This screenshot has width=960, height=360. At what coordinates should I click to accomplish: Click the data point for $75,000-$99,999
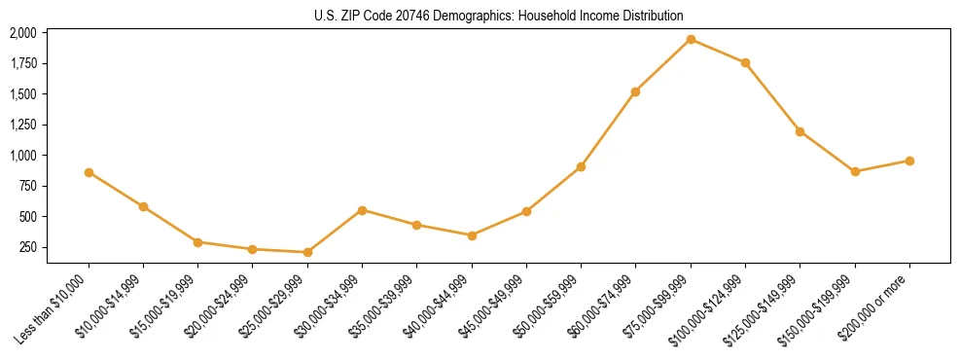[x=691, y=40]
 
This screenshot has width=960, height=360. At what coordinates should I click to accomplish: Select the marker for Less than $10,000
[x=89, y=172]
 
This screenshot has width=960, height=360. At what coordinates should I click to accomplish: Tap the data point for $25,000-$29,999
[x=307, y=252]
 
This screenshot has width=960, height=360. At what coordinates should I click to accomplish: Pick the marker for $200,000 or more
[x=909, y=161]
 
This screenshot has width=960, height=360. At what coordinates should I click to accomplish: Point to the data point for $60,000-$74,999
[x=635, y=91]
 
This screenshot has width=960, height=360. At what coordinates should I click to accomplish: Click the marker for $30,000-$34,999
[x=362, y=210]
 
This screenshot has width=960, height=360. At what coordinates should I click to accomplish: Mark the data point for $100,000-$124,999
[x=745, y=63]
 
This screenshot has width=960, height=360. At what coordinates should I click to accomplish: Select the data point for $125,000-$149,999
[x=800, y=131]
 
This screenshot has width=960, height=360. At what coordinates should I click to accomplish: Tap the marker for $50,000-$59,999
[x=581, y=166]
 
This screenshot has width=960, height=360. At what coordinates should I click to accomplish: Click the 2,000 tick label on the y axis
[x=22, y=33]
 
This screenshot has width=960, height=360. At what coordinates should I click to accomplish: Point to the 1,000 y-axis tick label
[x=22, y=156]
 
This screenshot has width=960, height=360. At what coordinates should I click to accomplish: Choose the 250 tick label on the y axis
[x=27, y=247]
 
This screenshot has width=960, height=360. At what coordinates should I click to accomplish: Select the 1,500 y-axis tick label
[x=22, y=94]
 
